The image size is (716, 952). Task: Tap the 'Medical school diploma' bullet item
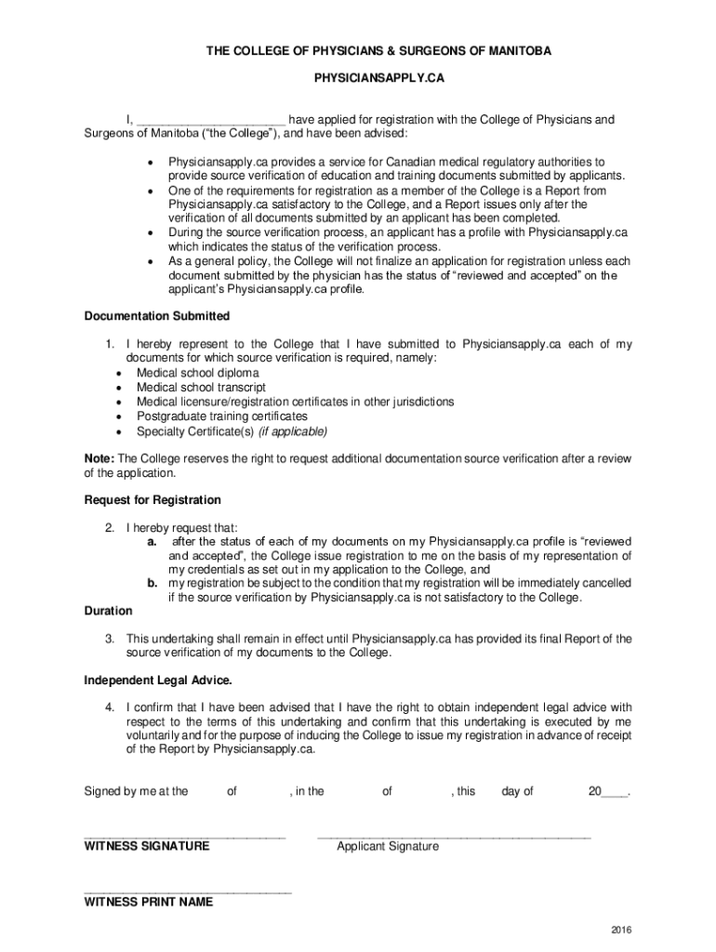[198, 373]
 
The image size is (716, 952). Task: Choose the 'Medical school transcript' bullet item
[201, 388]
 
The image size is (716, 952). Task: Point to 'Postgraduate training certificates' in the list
[221, 416]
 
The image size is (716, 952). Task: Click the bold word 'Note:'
[99, 458]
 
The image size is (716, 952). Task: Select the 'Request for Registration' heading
[152, 500]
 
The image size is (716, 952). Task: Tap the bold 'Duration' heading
[108, 611]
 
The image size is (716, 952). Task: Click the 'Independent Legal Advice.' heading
[158, 680]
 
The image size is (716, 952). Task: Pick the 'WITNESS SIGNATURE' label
[147, 846]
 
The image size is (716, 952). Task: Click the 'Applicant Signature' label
[388, 847]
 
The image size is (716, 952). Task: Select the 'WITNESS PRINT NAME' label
[149, 902]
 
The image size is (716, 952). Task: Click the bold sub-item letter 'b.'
[152, 583]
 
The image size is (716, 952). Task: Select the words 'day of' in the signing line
[517, 791]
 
